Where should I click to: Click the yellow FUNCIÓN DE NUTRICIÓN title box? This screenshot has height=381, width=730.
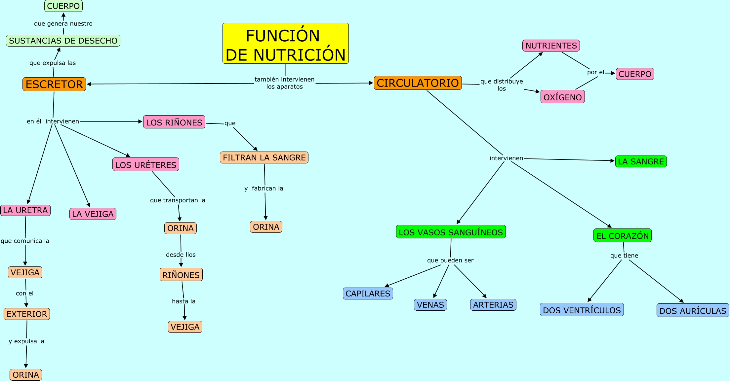point(286,43)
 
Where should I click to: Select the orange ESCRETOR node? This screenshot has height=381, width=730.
point(54,84)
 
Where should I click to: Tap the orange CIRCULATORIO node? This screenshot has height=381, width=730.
point(418,83)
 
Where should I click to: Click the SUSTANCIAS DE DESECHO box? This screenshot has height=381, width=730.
point(63,41)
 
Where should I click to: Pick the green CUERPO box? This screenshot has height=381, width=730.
point(63,6)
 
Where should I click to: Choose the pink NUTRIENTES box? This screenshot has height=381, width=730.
point(551,46)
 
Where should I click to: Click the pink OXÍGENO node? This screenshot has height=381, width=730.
point(563,97)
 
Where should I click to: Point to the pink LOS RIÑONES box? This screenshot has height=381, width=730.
point(174,122)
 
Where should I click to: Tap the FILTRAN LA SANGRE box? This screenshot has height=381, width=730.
point(264,157)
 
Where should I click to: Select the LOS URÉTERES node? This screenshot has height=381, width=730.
point(146,164)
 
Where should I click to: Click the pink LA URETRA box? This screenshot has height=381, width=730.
point(25,210)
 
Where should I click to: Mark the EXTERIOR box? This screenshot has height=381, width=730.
point(27,314)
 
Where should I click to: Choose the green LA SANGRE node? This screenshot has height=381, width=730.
point(641,161)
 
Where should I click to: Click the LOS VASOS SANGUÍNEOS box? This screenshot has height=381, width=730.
point(451,232)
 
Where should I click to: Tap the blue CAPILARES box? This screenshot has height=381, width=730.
point(368,294)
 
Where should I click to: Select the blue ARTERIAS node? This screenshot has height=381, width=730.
point(493,305)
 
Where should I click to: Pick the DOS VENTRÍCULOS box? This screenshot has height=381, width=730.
point(582,310)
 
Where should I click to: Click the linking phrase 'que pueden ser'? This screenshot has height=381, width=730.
point(450,260)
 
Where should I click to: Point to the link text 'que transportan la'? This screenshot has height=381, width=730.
point(178,200)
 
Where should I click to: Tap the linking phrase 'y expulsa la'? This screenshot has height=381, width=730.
point(26,341)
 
